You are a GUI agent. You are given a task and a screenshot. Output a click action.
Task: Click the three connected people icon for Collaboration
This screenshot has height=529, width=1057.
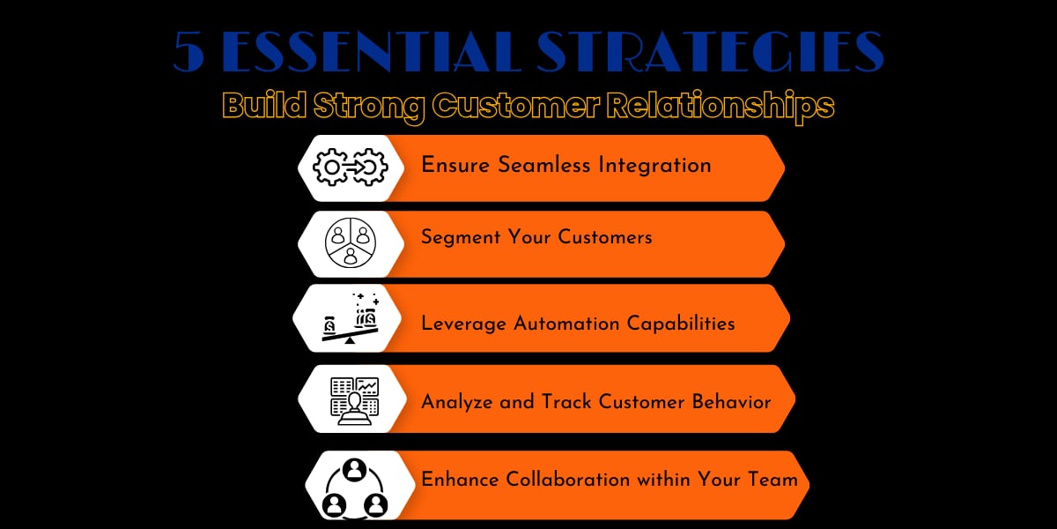355,486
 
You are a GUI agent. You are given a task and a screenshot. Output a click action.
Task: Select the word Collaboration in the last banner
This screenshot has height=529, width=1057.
568,480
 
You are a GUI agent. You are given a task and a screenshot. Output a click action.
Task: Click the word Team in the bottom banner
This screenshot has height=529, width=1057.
772,480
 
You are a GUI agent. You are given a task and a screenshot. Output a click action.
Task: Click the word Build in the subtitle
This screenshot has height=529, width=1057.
255,107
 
